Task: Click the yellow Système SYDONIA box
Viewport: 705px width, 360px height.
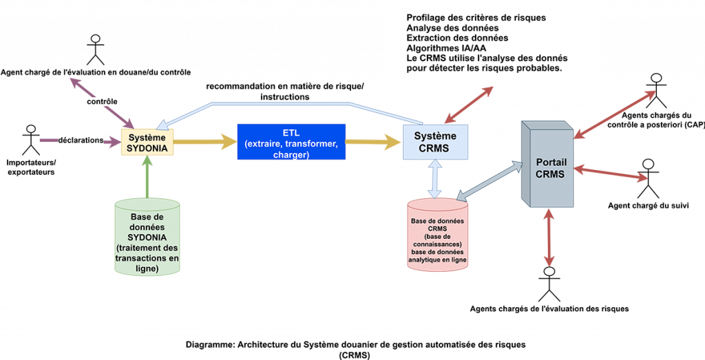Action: (x=145, y=142)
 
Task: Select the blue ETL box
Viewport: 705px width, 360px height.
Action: (x=291, y=142)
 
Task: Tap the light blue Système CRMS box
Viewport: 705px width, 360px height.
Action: (x=435, y=142)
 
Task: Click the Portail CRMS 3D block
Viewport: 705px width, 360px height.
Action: (x=548, y=165)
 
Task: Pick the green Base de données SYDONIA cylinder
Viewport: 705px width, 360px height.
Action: (x=147, y=237)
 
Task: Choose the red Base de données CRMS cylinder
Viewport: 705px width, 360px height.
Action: (x=437, y=237)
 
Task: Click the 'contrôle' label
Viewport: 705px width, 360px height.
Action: (x=102, y=102)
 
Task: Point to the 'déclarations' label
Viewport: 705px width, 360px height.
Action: (x=81, y=140)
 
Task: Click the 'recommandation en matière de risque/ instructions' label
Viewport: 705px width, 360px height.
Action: (x=285, y=92)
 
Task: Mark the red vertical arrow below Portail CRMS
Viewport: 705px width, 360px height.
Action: (x=549, y=237)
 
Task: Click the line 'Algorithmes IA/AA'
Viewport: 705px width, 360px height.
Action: (x=446, y=48)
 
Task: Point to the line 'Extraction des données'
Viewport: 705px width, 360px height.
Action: (x=457, y=38)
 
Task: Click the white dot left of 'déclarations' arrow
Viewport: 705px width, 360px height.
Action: (x=30, y=129)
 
